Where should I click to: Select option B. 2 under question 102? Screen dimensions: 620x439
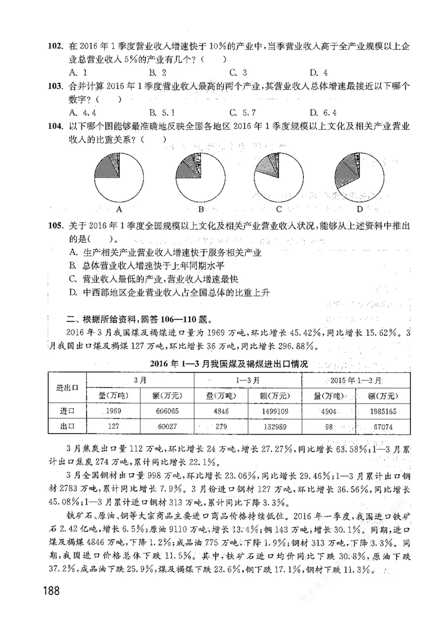coord(157,72)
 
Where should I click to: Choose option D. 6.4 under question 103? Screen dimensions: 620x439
coord(322,113)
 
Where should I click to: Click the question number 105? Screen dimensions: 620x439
coord(57,226)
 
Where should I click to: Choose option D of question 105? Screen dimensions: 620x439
coord(170,292)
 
